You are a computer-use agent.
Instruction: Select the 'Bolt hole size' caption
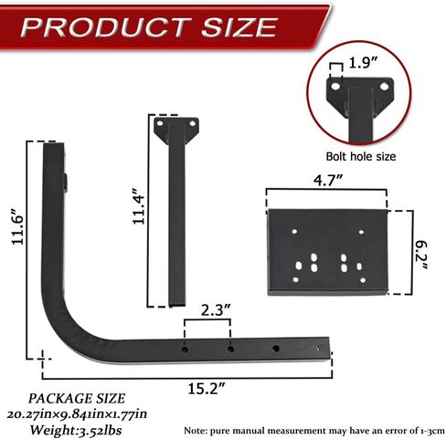coord(361,156)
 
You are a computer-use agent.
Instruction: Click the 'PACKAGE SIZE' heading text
coord(72,398)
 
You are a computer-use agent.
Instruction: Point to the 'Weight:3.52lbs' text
coord(72,426)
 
